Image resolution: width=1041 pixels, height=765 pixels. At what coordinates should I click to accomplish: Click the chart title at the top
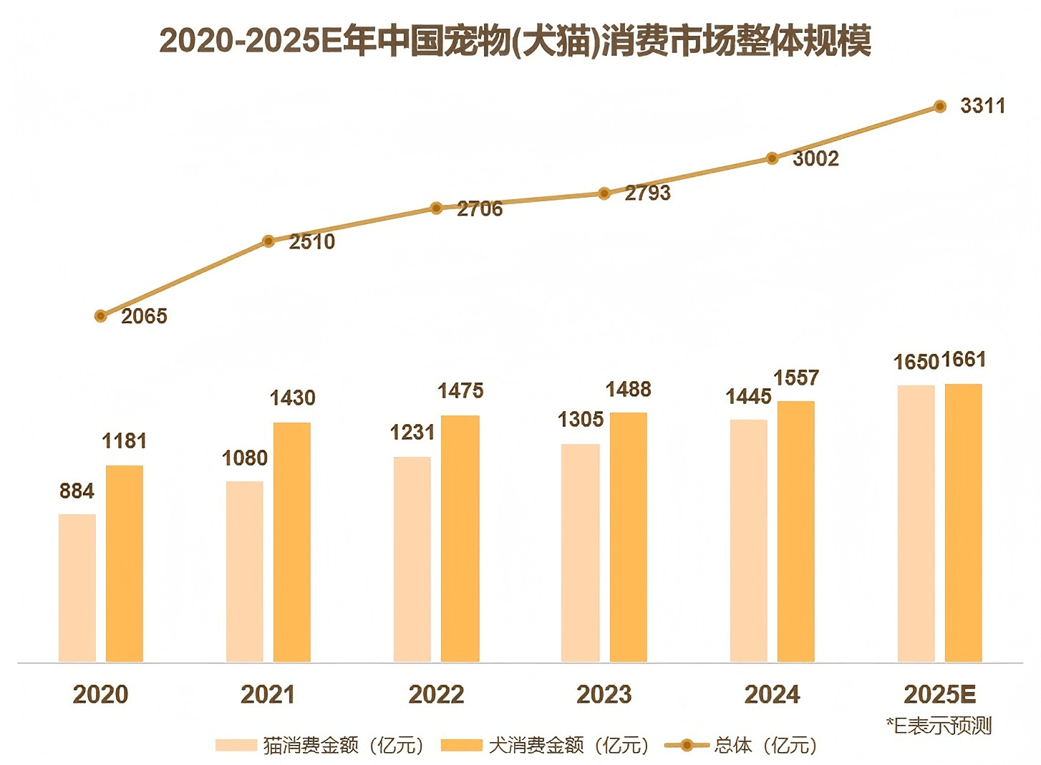tap(515, 41)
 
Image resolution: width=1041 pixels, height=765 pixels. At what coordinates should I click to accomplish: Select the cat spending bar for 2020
tap(77, 587)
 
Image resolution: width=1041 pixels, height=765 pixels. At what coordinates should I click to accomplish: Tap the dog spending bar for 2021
tap(292, 542)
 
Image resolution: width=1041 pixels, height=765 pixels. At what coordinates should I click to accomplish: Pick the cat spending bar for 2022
tap(412, 559)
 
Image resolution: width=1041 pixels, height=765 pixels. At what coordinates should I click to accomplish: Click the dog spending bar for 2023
tap(629, 537)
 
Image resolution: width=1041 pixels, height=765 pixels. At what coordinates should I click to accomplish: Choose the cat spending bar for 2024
tap(748, 540)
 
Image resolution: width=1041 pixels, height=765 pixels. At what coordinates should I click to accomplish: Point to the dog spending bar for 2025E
tap(963, 523)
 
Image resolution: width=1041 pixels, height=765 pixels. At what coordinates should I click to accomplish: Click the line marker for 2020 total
tap(101, 316)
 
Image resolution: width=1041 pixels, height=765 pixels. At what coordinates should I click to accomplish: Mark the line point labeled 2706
tap(436, 208)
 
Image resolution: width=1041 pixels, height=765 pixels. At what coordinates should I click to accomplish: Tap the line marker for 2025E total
tap(941, 107)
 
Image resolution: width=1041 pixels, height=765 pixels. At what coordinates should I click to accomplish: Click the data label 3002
tap(815, 159)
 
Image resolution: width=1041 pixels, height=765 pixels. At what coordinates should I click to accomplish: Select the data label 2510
tap(312, 242)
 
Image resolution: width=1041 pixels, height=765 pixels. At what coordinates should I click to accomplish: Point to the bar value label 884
tap(77, 491)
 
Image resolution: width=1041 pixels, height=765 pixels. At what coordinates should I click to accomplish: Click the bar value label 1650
tap(916, 362)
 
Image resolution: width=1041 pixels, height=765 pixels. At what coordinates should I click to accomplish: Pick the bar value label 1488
tap(629, 390)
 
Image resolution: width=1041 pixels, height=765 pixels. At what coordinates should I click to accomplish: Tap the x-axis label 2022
tap(436, 694)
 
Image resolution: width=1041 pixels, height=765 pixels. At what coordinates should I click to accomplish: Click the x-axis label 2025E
tap(940, 694)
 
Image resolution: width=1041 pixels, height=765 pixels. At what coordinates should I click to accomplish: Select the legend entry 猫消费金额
tap(319, 746)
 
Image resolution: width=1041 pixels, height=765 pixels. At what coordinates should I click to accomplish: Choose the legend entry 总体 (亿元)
tap(741, 746)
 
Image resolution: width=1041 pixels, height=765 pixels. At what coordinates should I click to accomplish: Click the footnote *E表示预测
tap(939, 726)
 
